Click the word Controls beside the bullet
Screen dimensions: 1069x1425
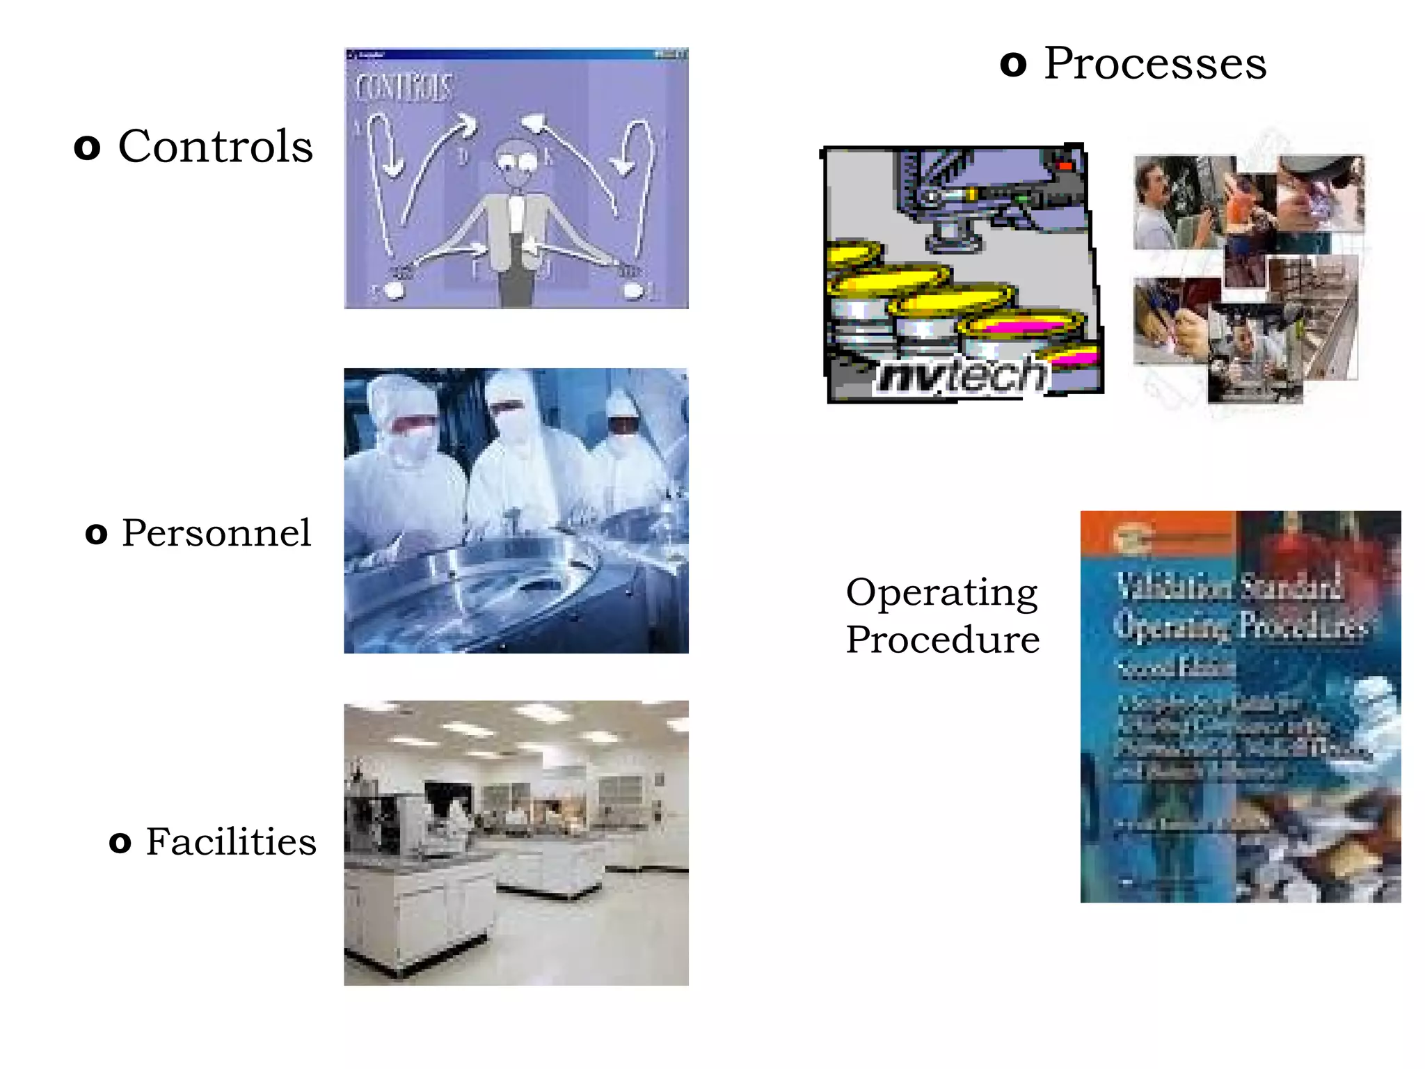coord(215,147)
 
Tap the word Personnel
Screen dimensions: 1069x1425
coord(216,534)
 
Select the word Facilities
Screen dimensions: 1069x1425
coord(231,842)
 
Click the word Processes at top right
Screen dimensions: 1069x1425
coord(1155,64)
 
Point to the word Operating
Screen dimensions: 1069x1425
coord(941,593)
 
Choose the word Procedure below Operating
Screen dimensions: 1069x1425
coord(943,640)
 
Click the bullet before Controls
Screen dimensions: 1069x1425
coord(87,148)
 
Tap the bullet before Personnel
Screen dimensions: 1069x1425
coord(97,534)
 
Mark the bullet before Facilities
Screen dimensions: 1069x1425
coord(120,843)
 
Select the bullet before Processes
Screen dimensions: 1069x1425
coord(1013,65)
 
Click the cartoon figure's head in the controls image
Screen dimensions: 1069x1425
coord(516,161)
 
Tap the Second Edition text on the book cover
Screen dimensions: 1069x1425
coord(1176,667)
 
